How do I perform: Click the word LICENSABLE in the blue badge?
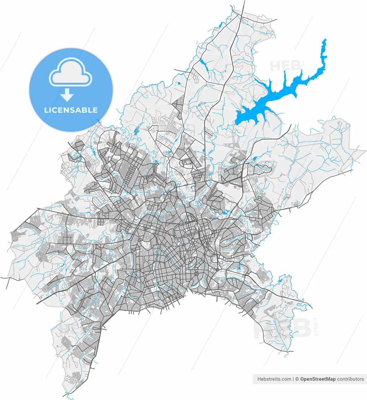tap(71, 110)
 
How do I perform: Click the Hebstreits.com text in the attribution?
tap(274, 379)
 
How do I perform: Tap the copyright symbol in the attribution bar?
tap(297, 379)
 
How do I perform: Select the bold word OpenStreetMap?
tap(318, 379)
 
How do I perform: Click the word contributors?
tap(350, 379)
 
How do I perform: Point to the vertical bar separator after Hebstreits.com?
tap(293, 379)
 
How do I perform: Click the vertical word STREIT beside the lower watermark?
tap(316, 327)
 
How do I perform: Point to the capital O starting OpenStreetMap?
tap(302, 379)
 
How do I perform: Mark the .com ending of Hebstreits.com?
tap(286, 379)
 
